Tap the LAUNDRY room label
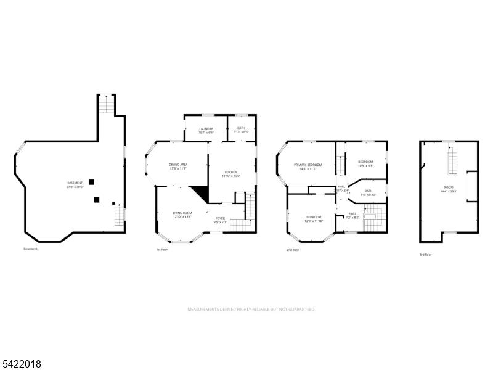(x=206, y=128)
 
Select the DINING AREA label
(x=179, y=164)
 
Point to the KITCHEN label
(x=231, y=172)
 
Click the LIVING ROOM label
(x=182, y=213)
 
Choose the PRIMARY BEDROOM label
(x=308, y=165)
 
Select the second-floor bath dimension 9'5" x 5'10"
(x=369, y=195)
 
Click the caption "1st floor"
(x=163, y=249)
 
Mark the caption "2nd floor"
(x=293, y=250)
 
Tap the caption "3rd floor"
(x=425, y=254)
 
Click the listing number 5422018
(x=22, y=364)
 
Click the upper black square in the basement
(x=91, y=182)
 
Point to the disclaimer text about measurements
(x=251, y=309)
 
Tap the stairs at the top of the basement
(x=107, y=105)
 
